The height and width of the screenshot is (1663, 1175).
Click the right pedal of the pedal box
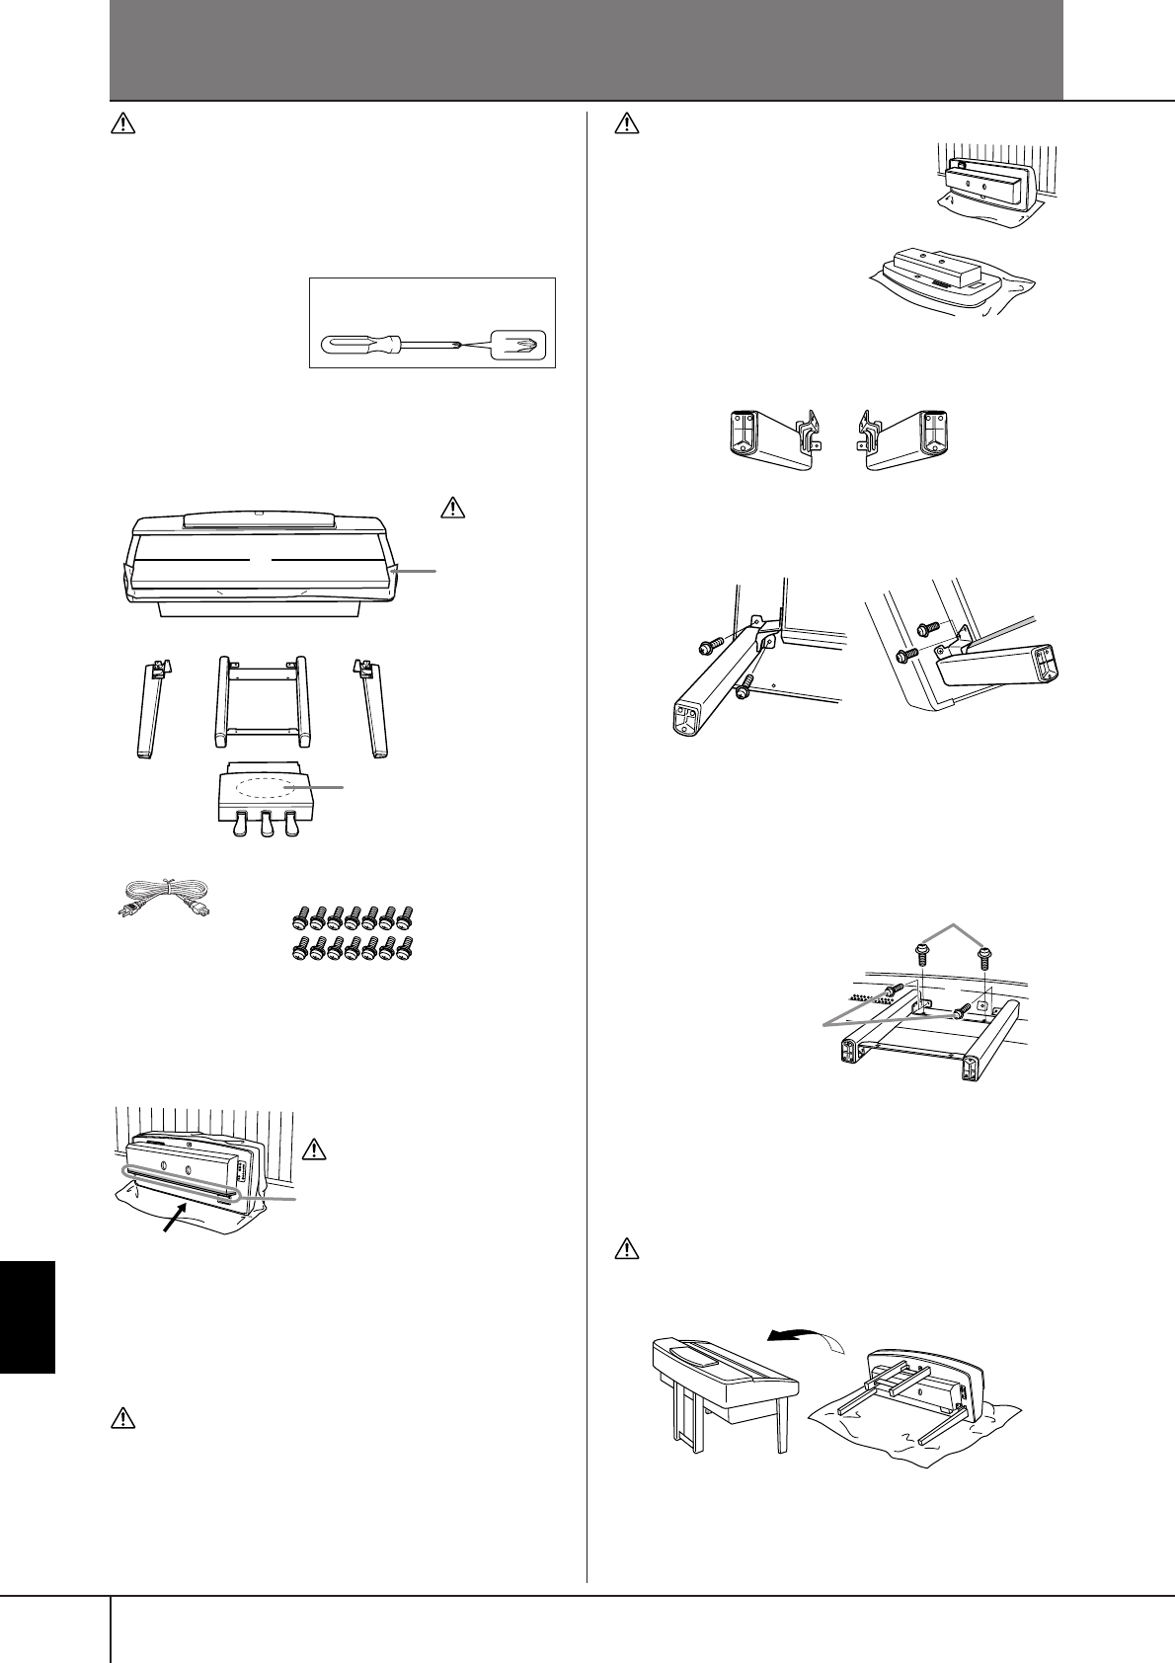(x=290, y=826)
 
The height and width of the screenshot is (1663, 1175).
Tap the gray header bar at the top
(x=587, y=49)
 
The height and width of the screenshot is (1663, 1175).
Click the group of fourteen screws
(x=352, y=932)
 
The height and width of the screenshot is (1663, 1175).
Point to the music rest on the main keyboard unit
(x=252, y=517)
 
